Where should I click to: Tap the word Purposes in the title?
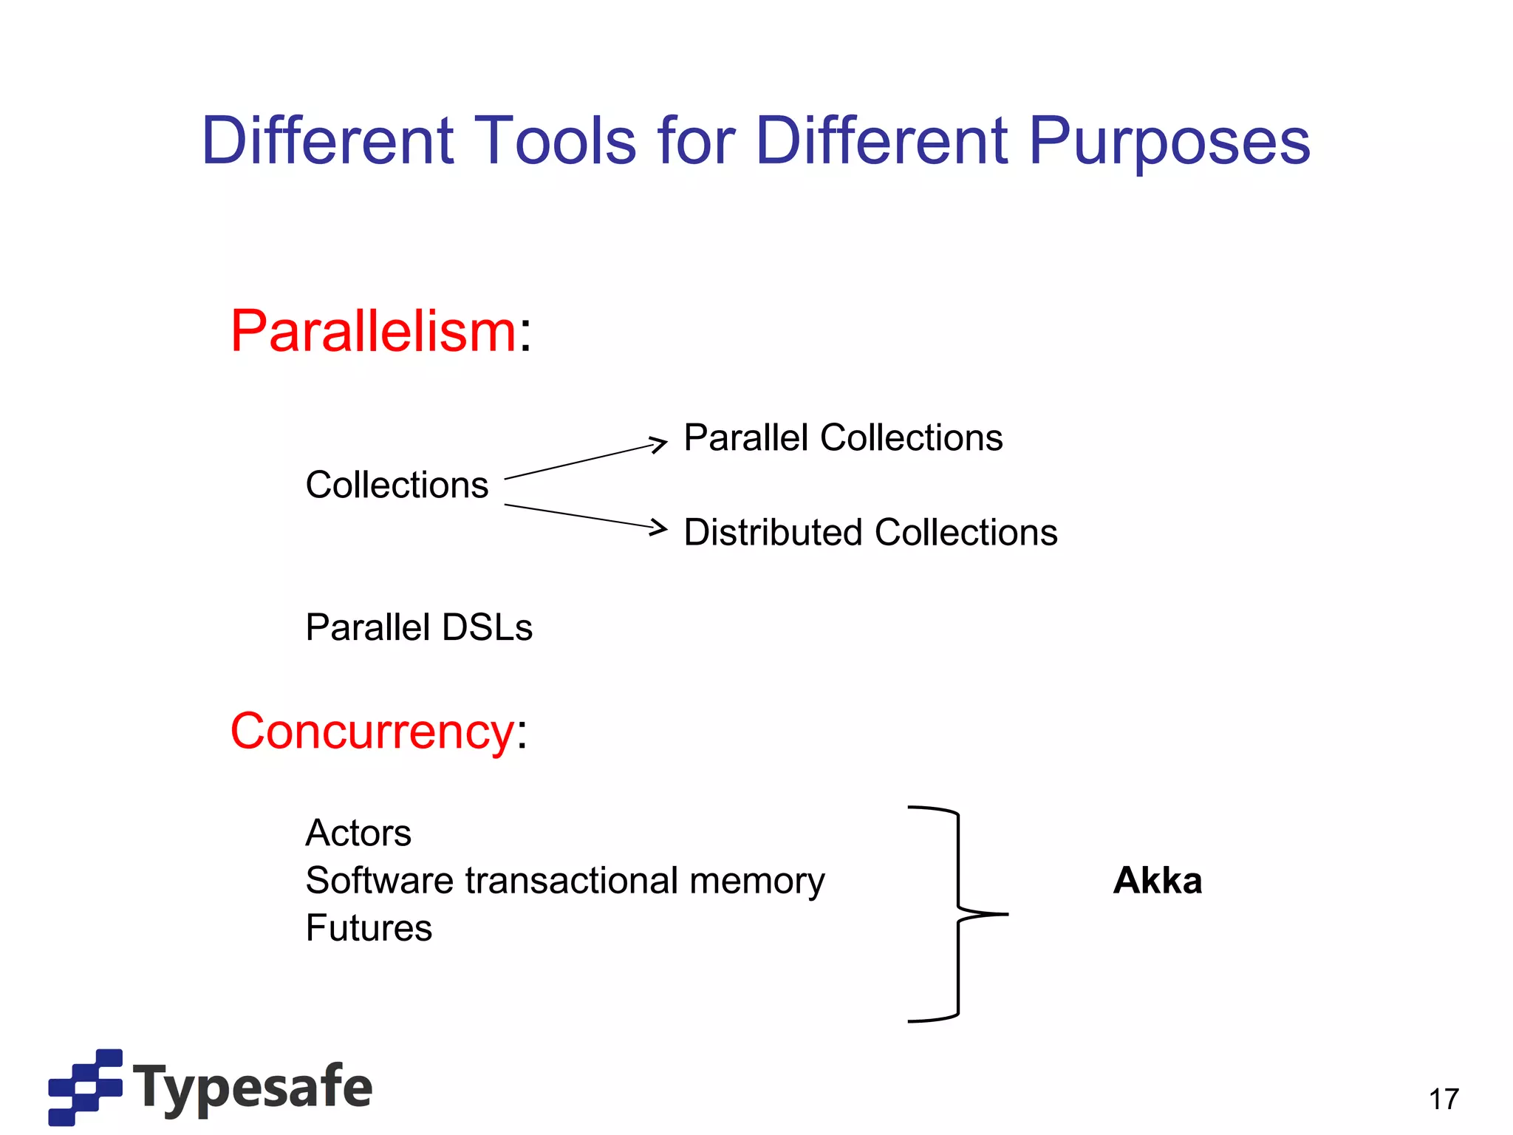[x=1169, y=142]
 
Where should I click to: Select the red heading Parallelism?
[x=373, y=331]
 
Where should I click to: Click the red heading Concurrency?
[x=372, y=732]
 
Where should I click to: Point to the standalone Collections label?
[x=397, y=485]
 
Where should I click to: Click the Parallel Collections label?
[x=843, y=437]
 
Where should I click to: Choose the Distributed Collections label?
[x=870, y=533]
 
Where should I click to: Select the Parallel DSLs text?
[x=419, y=627]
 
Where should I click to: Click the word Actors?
[x=358, y=834]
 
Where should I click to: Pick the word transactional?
[x=571, y=881]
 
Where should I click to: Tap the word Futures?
[x=369, y=928]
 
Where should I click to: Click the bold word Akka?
[x=1158, y=881]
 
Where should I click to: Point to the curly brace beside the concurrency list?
[x=958, y=914]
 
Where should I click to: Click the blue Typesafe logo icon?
[x=85, y=1087]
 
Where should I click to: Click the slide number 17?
[x=1444, y=1100]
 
